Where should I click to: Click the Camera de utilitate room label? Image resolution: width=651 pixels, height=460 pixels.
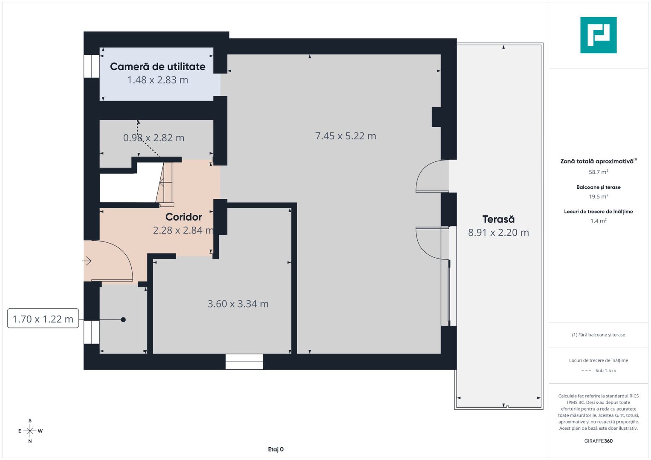tap(157, 66)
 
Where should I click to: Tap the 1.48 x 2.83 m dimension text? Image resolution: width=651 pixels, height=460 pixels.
tap(157, 80)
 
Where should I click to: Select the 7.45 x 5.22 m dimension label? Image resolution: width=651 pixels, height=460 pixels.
tap(345, 136)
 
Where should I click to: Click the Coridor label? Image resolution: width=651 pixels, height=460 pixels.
tap(183, 217)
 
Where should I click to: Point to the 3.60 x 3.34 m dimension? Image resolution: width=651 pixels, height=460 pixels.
tap(238, 304)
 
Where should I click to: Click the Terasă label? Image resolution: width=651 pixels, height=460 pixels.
tap(498, 219)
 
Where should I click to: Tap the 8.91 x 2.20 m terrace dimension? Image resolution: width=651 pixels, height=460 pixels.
tap(498, 233)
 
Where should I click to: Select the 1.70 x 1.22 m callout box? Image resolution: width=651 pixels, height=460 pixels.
tap(43, 319)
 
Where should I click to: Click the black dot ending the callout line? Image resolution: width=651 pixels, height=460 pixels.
tap(123, 319)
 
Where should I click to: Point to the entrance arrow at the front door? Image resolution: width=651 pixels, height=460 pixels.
tap(87, 261)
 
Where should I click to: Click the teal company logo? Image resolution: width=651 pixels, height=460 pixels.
tap(598, 35)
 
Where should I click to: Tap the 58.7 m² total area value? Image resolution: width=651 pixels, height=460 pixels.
tap(598, 172)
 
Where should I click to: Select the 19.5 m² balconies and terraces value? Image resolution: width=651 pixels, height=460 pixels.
tap(598, 196)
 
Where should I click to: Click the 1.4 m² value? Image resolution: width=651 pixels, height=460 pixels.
tap(598, 221)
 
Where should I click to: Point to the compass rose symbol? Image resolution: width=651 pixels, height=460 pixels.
tap(30, 431)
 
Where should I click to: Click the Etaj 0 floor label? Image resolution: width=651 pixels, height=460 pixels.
tap(276, 449)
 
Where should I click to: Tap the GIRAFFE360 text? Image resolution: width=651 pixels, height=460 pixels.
tap(598, 441)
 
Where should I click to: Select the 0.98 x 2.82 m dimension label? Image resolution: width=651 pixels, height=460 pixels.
tap(153, 138)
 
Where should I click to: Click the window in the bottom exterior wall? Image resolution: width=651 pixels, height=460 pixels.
tap(244, 362)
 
